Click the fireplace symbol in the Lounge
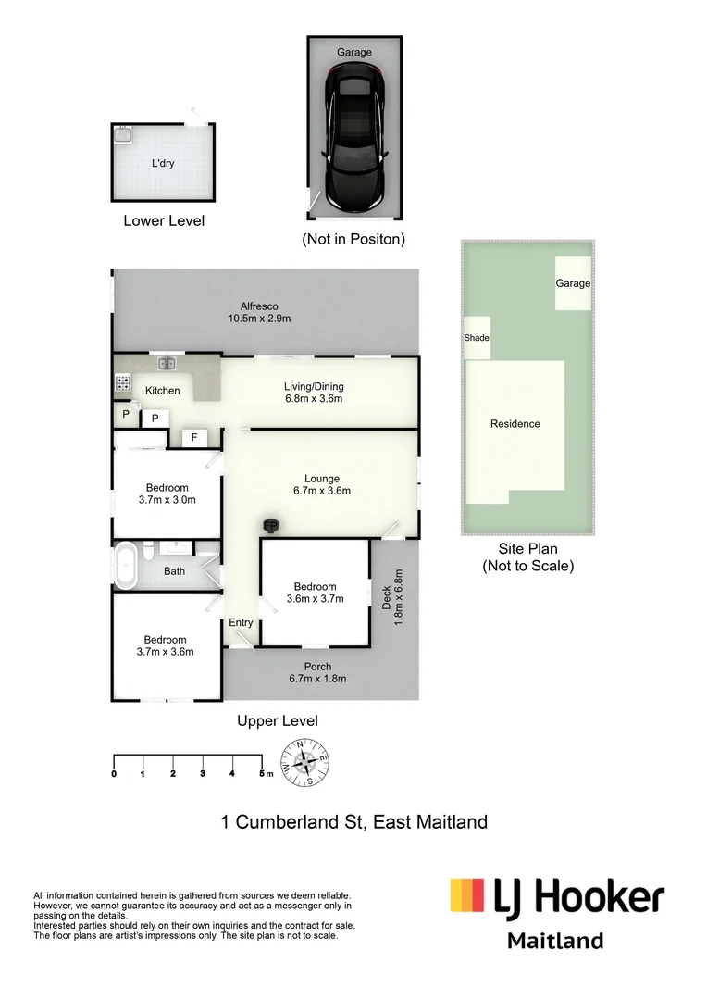coord(272,526)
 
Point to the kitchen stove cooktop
coord(121,381)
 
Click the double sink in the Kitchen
coord(167,363)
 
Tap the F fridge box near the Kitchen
coord(194,438)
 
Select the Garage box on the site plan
coord(573,283)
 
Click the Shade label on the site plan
coord(477,338)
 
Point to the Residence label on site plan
coord(515,424)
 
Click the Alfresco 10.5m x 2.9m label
coord(259,313)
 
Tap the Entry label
coord(241,622)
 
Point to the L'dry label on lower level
coord(163,164)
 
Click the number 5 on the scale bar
coord(262,773)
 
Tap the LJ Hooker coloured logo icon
coord(467,897)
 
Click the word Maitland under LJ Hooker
coord(555,941)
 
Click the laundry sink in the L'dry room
coord(123,135)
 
